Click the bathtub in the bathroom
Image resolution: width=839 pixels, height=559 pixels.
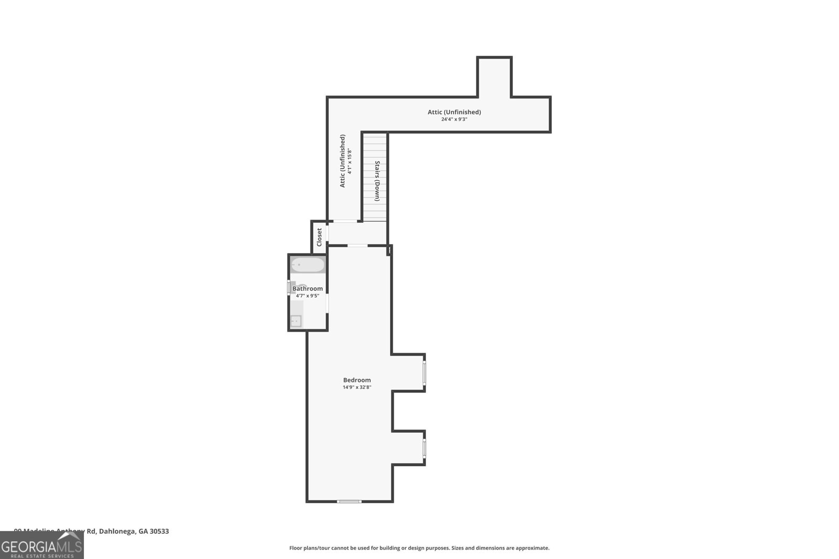click(x=308, y=265)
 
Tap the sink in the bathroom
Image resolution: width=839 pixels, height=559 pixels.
click(x=296, y=321)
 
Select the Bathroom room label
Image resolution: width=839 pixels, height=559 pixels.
click(x=307, y=289)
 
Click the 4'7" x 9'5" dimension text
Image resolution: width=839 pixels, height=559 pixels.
click(x=307, y=296)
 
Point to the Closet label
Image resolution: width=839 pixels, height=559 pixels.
click(x=319, y=237)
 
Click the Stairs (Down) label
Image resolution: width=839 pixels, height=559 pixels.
click(x=377, y=181)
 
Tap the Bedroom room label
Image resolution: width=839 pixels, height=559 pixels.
click(x=357, y=380)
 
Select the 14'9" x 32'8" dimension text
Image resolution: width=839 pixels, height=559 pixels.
click(x=357, y=388)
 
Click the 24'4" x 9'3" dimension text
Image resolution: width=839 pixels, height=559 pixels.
click(x=454, y=119)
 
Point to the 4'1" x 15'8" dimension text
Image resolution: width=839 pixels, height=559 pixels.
click(x=349, y=162)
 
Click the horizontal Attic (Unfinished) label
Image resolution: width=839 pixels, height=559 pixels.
click(x=454, y=112)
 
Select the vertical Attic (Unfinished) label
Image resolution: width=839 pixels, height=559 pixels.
click(x=342, y=161)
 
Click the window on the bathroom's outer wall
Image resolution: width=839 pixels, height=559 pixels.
click(x=289, y=288)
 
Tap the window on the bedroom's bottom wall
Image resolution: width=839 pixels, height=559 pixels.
click(x=349, y=501)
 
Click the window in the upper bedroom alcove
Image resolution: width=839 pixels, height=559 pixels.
click(x=424, y=372)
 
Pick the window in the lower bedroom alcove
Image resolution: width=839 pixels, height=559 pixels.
click(x=424, y=448)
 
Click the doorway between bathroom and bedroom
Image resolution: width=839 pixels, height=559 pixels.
click(x=327, y=303)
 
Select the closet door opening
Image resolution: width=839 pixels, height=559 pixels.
click(x=327, y=233)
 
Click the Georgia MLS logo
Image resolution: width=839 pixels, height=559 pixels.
click(x=42, y=545)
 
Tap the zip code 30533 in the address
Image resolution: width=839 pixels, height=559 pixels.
click(x=159, y=531)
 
